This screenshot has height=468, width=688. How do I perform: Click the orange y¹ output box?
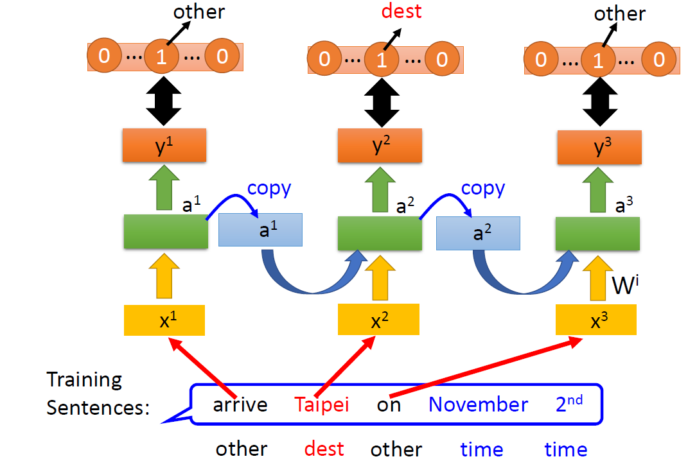click(x=164, y=145)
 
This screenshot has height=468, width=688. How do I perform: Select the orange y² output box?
click(x=380, y=146)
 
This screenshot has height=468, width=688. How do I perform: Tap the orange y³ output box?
click(x=598, y=147)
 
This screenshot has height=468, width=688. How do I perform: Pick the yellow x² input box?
click(x=379, y=320)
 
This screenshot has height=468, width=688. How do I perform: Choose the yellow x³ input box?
click(x=596, y=320)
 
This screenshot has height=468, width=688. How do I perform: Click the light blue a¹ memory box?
click(x=261, y=230)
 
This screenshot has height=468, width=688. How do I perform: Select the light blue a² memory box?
click(x=478, y=232)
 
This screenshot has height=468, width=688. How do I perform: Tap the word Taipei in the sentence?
click(x=321, y=404)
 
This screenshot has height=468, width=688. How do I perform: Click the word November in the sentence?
click(x=479, y=404)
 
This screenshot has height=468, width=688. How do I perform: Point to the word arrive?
click(x=240, y=405)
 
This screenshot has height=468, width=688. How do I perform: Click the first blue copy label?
click(x=269, y=188)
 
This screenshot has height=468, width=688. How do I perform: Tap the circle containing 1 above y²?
click(x=382, y=60)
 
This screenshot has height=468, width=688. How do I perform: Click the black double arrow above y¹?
click(x=164, y=100)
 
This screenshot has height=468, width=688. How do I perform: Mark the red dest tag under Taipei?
click(x=324, y=449)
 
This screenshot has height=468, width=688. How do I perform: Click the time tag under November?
click(x=481, y=449)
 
